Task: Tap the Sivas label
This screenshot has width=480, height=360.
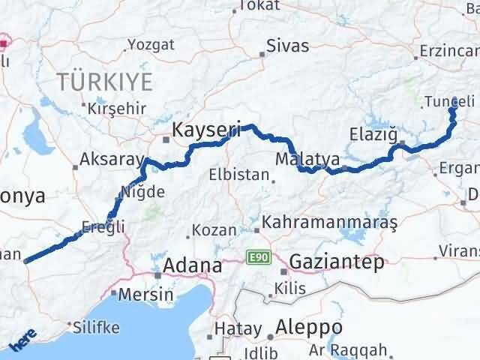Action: [289, 46]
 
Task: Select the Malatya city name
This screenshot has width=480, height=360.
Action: [307, 160]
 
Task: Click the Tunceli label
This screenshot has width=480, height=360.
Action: [448, 101]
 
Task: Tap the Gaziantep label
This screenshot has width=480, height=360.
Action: [337, 262]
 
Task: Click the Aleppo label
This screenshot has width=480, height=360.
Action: [309, 327]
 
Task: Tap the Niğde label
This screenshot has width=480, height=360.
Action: [145, 192]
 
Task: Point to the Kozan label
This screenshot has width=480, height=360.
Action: [215, 230]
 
